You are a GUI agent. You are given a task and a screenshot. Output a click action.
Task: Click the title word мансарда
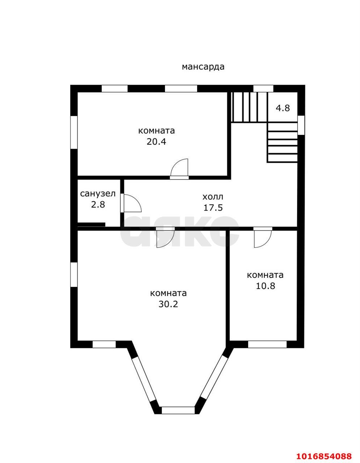[x=203, y=67]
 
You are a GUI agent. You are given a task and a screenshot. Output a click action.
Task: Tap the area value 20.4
[x=156, y=142]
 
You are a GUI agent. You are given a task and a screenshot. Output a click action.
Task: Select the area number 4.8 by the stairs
[x=283, y=108]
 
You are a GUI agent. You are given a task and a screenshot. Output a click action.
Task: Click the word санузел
[x=98, y=194]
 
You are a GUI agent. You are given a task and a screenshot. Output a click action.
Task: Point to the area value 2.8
[x=98, y=205]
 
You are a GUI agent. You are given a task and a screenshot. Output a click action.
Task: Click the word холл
[x=213, y=197]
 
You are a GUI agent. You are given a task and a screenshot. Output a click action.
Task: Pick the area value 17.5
[x=213, y=208]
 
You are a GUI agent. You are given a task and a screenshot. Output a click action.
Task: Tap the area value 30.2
[x=168, y=304]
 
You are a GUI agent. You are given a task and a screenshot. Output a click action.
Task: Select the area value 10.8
[x=266, y=286]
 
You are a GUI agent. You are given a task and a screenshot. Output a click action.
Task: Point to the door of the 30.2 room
[x=165, y=237]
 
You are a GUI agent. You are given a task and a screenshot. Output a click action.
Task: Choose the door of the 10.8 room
[x=263, y=237]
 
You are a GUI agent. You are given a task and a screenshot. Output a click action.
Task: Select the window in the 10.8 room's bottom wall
[x=267, y=344]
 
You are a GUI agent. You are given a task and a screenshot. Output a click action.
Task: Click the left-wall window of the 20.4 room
[x=74, y=132]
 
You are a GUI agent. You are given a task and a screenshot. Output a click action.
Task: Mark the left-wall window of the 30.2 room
[x=74, y=275]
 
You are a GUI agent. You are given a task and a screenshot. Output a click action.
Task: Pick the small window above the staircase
[x=263, y=88]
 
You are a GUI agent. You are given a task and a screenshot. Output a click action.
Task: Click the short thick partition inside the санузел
[x=91, y=225]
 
